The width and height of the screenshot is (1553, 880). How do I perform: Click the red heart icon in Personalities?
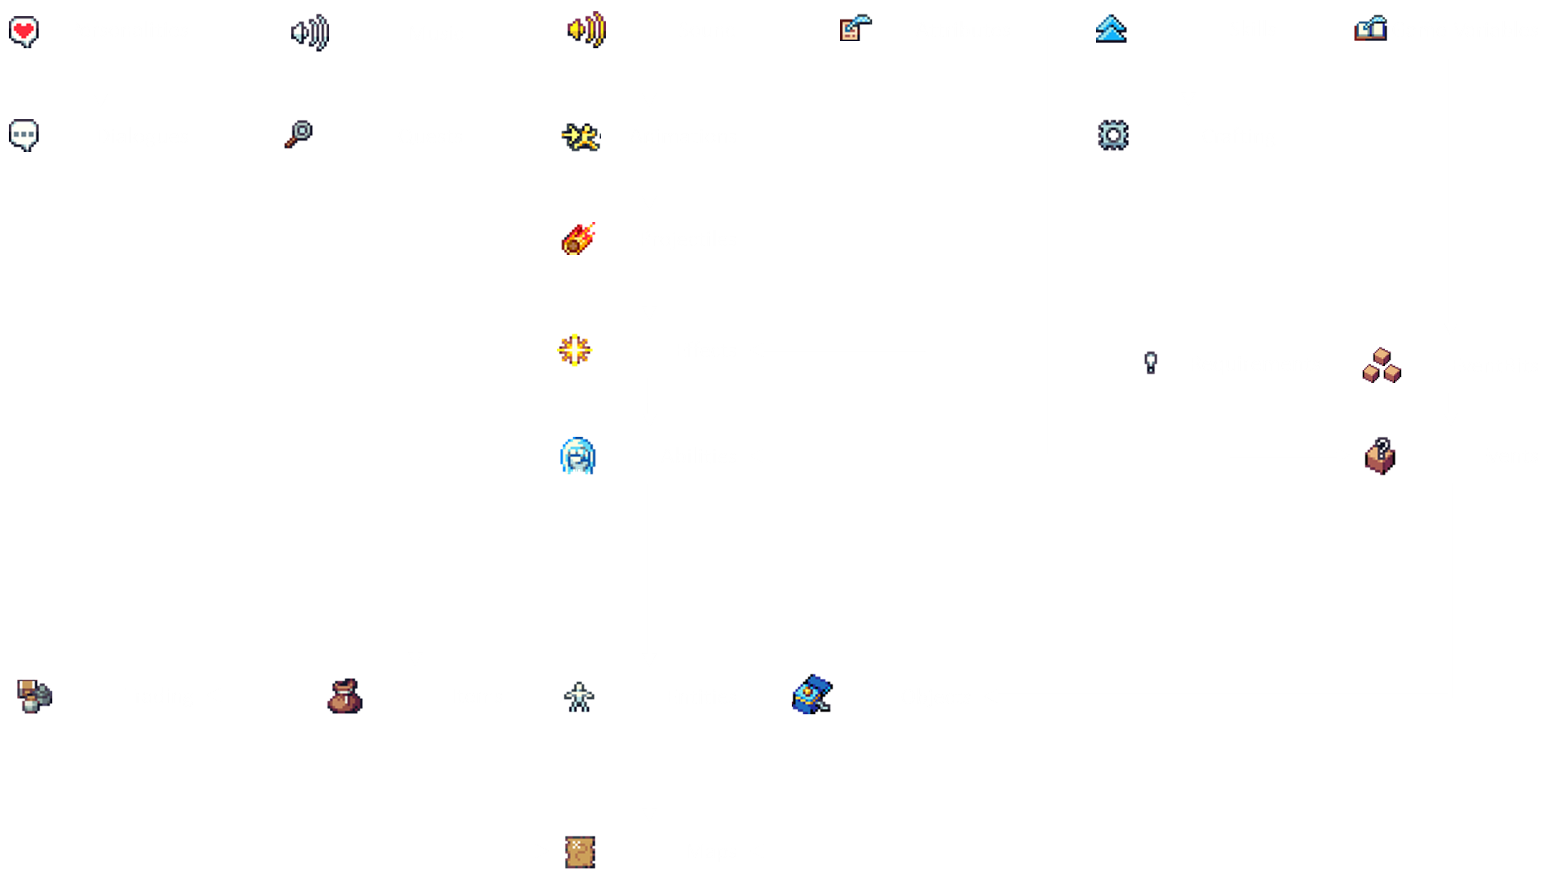23,31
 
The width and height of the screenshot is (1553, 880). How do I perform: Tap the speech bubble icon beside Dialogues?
24,135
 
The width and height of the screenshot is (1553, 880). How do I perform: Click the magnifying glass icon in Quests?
299,134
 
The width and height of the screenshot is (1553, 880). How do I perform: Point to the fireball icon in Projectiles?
579,239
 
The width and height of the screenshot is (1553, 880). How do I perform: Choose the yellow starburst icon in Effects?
575,350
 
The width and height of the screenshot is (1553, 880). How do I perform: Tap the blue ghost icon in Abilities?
578,456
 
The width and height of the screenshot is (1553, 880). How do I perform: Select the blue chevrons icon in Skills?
1110,29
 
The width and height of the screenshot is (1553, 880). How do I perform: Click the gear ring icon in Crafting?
1113,135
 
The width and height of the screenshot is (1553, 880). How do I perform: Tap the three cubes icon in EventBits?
1381,365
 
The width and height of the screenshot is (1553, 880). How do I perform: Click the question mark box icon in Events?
1380,456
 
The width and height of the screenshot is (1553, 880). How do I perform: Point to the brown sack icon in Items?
344,696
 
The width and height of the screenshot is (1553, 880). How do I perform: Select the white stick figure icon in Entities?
579,697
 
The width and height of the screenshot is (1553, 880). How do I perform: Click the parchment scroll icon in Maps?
579,852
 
